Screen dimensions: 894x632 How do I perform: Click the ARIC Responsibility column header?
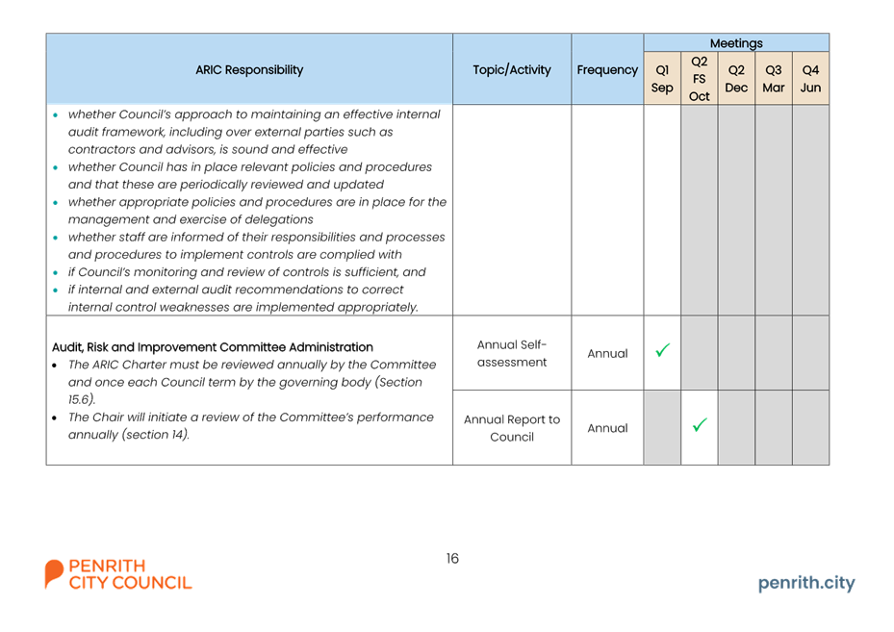(249, 70)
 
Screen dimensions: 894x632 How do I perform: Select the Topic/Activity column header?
(512, 70)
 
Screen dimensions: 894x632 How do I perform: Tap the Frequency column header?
(607, 70)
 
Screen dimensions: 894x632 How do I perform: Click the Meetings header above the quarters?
(736, 43)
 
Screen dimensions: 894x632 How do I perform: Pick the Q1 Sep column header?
(662, 79)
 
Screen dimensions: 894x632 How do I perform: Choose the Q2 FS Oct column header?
(699, 79)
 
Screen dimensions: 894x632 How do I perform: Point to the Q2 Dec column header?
(736, 79)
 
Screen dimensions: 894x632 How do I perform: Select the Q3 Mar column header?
(773, 79)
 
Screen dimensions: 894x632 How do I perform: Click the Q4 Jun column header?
(810, 79)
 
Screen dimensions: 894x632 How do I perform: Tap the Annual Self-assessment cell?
(512, 353)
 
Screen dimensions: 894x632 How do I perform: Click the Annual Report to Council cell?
(512, 428)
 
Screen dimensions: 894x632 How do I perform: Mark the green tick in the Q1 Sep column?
(662, 350)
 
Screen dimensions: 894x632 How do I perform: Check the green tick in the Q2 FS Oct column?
(700, 424)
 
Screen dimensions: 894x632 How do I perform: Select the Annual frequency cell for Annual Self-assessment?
(607, 353)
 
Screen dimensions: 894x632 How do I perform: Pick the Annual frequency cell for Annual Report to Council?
(607, 428)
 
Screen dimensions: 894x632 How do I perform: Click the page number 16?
(452, 559)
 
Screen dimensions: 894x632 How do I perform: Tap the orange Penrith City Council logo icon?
(54, 573)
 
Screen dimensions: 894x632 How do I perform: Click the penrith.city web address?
(806, 583)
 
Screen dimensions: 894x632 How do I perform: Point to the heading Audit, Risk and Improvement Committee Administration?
(212, 347)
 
